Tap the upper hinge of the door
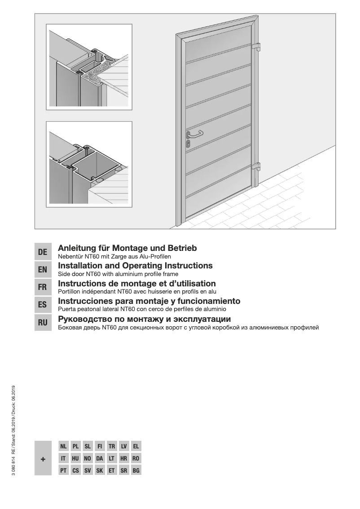point(256,46)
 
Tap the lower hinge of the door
point(256,167)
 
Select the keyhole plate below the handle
point(188,143)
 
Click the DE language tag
point(43,252)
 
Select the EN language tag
point(43,270)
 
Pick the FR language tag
point(43,287)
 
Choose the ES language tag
point(43,305)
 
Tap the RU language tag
point(43,322)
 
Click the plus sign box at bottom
point(43,459)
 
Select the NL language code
point(63,447)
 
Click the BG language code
point(136,471)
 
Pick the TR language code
point(112,447)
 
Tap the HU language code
point(75,459)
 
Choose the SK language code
point(100,471)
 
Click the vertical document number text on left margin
point(14,431)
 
